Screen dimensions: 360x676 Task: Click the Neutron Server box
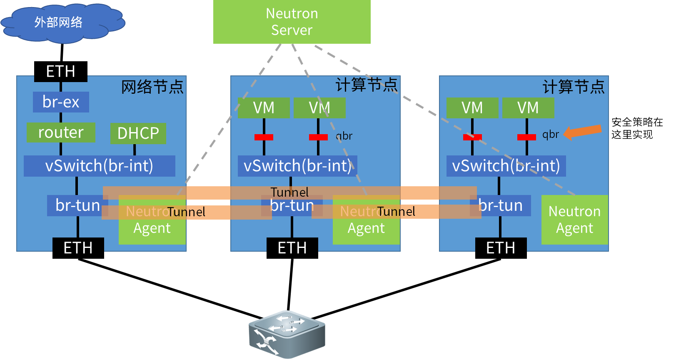pyautogui.click(x=292, y=22)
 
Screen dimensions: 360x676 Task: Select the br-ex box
pyautogui.click(x=61, y=102)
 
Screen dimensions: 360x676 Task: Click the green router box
pyautogui.click(x=61, y=132)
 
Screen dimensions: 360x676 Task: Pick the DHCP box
pyautogui.click(x=138, y=133)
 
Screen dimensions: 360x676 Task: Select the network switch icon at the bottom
pyautogui.click(x=287, y=334)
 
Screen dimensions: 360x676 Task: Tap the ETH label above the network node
pyautogui.click(x=61, y=72)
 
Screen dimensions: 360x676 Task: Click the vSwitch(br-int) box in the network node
pyautogui.click(x=99, y=166)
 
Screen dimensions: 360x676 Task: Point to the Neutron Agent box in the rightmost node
pyautogui.click(x=574, y=220)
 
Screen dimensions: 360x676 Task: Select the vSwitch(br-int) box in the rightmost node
pyautogui.click(x=506, y=166)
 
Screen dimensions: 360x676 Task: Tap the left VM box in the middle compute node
pyautogui.click(x=264, y=108)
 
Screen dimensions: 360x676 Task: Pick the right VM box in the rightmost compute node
pyautogui.click(x=528, y=108)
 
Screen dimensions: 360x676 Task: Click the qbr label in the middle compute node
pyautogui.click(x=344, y=136)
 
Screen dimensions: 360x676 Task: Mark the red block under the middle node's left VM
pyautogui.click(x=264, y=137)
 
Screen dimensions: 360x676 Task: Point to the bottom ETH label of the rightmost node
pyautogui.click(x=501, y=248)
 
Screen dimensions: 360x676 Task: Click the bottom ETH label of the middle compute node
pyautogui.click(x=292, y=248)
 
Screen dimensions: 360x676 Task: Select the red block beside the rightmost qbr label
pyautogui.click(x=526, y=137)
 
